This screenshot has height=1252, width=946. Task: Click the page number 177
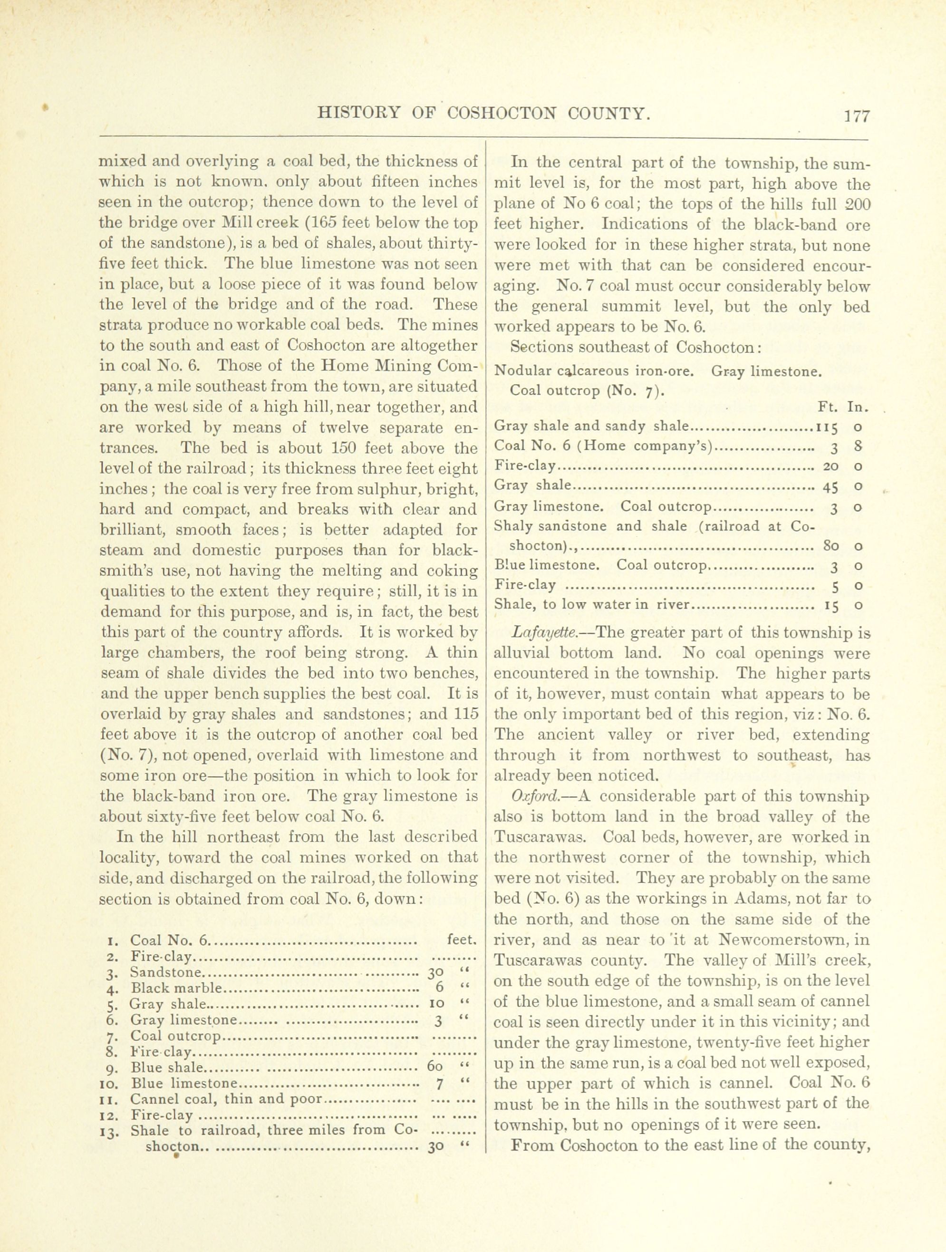[x=856, y=116]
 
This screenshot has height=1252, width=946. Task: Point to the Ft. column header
[x=827, y=407]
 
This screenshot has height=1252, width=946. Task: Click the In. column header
[x=857, y=407]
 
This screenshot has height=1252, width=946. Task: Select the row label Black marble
[x=177, y=988]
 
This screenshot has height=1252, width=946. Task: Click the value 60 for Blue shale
[x=434, y=1068]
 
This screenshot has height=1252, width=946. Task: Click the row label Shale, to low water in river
[x=593, y=605]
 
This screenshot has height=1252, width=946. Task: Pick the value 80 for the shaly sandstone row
[x=830, y=547]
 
